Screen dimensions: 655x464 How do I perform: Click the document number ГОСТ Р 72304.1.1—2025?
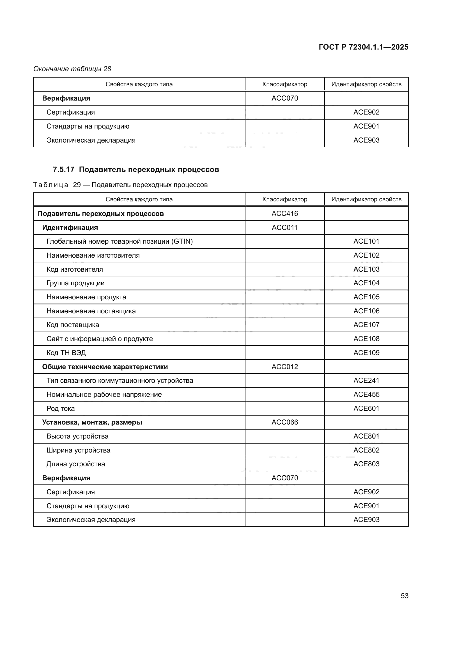click(x=363, y=47)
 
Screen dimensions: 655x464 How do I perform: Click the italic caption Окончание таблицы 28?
click(x=72, y=69)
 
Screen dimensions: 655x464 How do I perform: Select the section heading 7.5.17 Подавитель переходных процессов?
click(x=136, y=169)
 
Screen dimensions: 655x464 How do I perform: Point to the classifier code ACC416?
click(x=284, y=214)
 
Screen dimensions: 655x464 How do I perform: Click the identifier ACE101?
click(x=366, y=241)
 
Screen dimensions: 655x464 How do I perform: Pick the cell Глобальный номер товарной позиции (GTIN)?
click(x=120, y=241)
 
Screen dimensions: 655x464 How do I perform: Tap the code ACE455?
click(x=366, y=395)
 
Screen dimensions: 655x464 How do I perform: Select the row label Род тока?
click(x=61, y=409)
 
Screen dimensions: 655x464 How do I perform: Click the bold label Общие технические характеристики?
click(x=105, y=367)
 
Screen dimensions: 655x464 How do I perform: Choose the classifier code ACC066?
click(x=284, y=422)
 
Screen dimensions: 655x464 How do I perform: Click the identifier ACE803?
click(x=366, y=464)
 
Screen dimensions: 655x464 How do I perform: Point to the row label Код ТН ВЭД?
click(x=66, y=353)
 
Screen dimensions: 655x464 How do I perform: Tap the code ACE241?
click(x=366, y=381)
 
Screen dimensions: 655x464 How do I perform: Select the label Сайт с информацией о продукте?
click(x=99, y=339)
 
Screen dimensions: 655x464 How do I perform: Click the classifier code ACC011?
click(x=284, y=228)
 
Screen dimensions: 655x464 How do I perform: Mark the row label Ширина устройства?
click(x=78, y=450)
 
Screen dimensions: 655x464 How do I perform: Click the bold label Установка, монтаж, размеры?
click(x=92, y=422)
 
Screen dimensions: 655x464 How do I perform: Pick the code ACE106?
click(x=366, y=311)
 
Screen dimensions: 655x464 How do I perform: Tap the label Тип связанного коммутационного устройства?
click(x=120, y=381)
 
